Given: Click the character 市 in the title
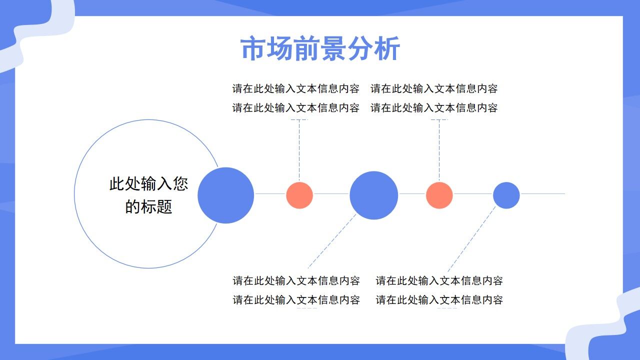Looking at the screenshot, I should point(253,49).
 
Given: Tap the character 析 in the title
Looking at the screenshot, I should point(387,49).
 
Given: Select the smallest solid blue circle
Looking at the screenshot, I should point(506,195).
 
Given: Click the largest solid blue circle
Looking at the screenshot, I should point(226,195).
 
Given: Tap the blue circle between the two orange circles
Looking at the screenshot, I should point(373,195).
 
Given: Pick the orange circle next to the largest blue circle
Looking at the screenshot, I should point(299,195).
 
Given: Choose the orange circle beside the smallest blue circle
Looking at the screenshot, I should point(439,195).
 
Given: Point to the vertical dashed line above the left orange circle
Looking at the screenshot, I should point(299,150).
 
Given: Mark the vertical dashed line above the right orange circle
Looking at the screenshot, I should point(439,150).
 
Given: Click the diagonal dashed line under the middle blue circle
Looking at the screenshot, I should point(331,241).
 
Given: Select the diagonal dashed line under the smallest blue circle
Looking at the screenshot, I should point(471,239).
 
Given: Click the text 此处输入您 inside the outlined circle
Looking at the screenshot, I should point(148,184).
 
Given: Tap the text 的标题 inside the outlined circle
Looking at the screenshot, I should point(148,206).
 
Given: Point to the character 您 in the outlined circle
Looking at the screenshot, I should point(180,184).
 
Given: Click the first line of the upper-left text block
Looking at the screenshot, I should point(295,89).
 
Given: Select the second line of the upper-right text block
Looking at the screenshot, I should point(434,108).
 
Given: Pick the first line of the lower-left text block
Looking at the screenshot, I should point(296,281).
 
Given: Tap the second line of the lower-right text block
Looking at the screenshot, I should point(439,300).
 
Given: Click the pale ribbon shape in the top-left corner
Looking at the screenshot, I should point(35,35).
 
